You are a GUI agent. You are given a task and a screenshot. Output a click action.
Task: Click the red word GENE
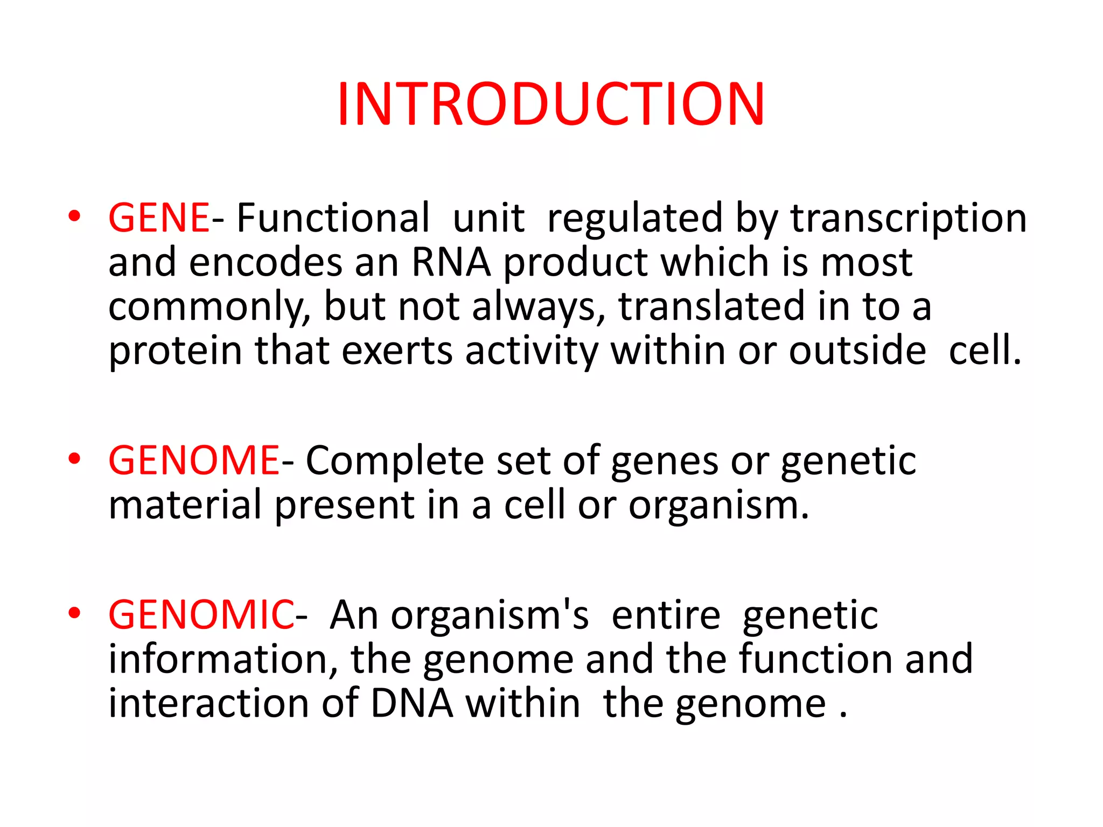[158, 218]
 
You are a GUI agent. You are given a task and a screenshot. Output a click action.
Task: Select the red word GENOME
[193, 461]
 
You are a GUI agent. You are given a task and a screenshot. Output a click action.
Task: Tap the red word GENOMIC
[201, 615]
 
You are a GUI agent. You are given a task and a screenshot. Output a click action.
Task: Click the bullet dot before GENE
[74, 216]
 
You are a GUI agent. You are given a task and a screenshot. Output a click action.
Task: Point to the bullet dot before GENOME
[74, 459]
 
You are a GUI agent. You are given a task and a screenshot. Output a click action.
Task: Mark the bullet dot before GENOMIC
[74, 613]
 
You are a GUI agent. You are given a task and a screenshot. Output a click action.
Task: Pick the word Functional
[333, 218]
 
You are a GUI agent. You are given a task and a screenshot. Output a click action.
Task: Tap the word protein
[175, 352]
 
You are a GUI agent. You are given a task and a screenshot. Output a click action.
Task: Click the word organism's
[489, 615]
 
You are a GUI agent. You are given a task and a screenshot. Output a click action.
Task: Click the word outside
[857, 352]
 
